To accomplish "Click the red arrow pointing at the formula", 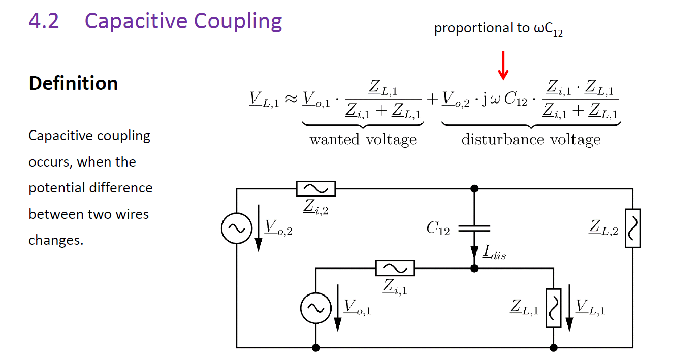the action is click(503, 66).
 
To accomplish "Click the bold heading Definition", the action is click(74, 83).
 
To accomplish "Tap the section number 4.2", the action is click(44, 21).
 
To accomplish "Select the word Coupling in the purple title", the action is click(238, 22).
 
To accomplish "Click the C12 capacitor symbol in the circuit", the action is click(474, 228).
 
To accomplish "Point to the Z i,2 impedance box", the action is click(315, 188).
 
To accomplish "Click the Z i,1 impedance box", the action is click(395, 268).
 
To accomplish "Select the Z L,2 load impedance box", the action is click(633, 228).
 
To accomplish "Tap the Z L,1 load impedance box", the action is click(553, 308).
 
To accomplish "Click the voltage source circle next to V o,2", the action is click(237, 228).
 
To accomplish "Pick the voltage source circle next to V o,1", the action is click(315, 308).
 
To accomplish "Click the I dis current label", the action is click(494, 253).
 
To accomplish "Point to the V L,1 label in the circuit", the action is click(590, 307).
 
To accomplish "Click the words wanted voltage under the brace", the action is click(363, 140).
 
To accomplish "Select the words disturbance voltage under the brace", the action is click(531, 140).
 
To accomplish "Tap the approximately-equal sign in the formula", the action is click(291, 99).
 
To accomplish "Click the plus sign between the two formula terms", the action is click(432, 100).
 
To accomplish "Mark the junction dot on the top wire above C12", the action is click(474, 188).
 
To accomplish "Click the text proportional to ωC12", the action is click(498, 29).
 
